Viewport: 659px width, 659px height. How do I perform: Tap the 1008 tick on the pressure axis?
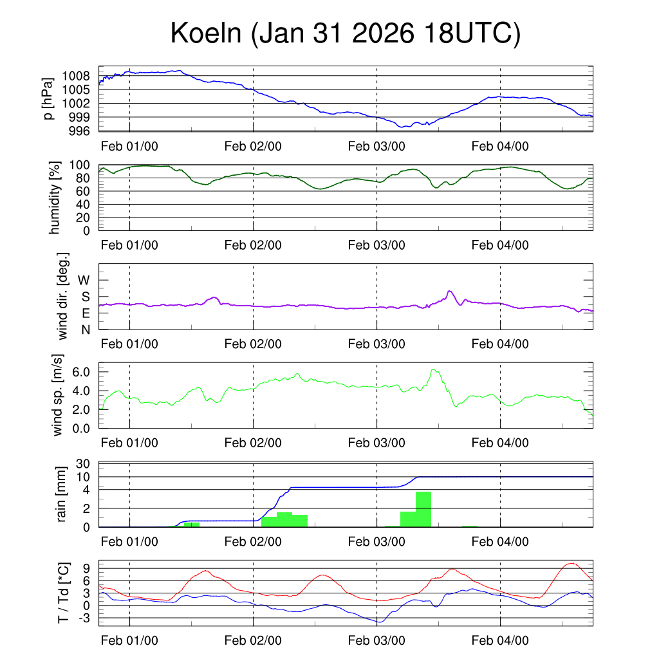pos(80,76)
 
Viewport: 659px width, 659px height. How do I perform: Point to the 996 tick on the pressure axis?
pos(80,131)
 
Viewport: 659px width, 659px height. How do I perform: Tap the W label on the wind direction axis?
pos(84,280)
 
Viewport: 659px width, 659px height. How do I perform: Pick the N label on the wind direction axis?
pos(84,329)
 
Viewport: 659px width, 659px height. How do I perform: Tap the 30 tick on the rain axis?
pos(83,463)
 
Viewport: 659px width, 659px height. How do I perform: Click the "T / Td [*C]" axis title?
pos(62,592)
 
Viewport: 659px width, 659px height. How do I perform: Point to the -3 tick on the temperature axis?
pos(82,618)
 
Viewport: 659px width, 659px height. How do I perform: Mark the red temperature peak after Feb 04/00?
pos(570,563)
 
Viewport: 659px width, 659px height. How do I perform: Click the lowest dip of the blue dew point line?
pos(380,622)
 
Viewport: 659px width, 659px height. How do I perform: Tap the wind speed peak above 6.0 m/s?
pos(433,369)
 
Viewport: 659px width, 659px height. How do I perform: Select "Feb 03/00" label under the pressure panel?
pos(376,146)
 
